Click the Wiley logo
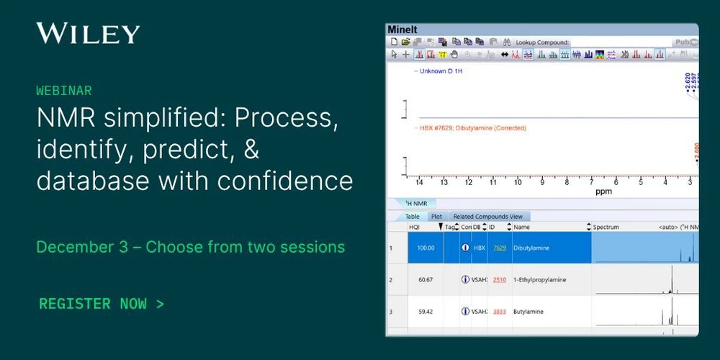(88, 33)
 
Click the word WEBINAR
(64, 91)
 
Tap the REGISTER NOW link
(102, 303)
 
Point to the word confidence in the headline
(291, 180)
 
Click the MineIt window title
(402, 30)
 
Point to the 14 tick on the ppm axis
(420, 182)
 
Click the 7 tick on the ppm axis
(591, 182)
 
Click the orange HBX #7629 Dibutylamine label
(472, 128)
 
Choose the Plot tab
(436, 216)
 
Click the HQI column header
(414, 227)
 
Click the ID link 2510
(499, 279)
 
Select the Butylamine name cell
(528, 312)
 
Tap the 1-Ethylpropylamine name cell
(541, 279)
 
